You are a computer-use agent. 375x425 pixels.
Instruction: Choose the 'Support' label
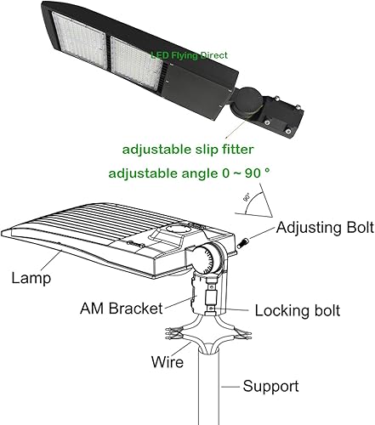(x=270, y=387)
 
